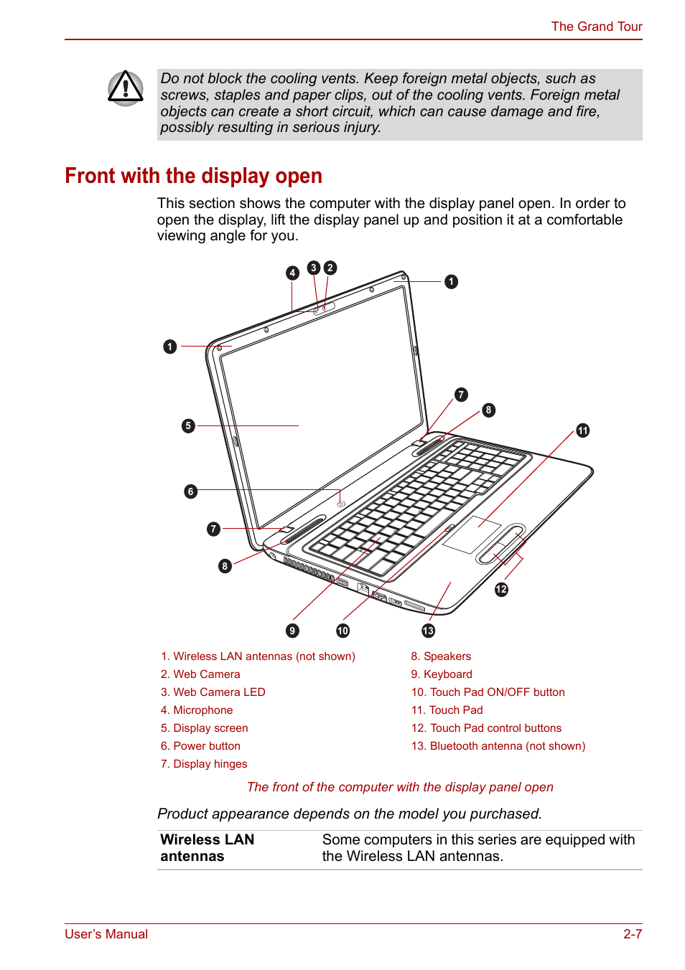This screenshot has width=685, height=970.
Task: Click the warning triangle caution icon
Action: point(126,88)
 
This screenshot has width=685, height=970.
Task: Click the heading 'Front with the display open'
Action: point(193,176)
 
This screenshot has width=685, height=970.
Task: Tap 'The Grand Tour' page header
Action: point(596,27)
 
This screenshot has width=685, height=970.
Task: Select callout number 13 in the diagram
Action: point(428,631)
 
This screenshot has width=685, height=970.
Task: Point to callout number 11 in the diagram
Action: point(582,430)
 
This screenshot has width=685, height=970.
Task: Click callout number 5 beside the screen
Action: point(188,425)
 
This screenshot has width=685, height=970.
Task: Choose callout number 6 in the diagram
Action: point(190,491)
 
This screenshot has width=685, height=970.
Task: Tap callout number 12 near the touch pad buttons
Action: point(501,589)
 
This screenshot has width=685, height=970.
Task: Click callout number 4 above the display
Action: point(292,273)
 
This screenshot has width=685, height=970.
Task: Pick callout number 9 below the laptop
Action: point(292,631)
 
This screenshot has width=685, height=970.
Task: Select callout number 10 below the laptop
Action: point(342,631)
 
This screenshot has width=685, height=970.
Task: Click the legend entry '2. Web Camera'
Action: point(200,674)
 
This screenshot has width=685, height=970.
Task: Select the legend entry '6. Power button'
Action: point(200,746)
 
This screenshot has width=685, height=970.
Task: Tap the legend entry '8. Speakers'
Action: point(441,656)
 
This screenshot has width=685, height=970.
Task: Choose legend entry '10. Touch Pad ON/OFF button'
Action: point(488,692)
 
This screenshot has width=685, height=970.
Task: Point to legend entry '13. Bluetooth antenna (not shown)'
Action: point(498,746)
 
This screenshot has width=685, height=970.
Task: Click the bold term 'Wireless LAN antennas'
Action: point(207,848)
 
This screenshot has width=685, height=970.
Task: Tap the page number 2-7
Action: point(632,934)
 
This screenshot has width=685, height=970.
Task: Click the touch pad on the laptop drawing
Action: point(471,535)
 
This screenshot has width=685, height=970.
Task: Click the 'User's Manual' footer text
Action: point(106,934)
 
